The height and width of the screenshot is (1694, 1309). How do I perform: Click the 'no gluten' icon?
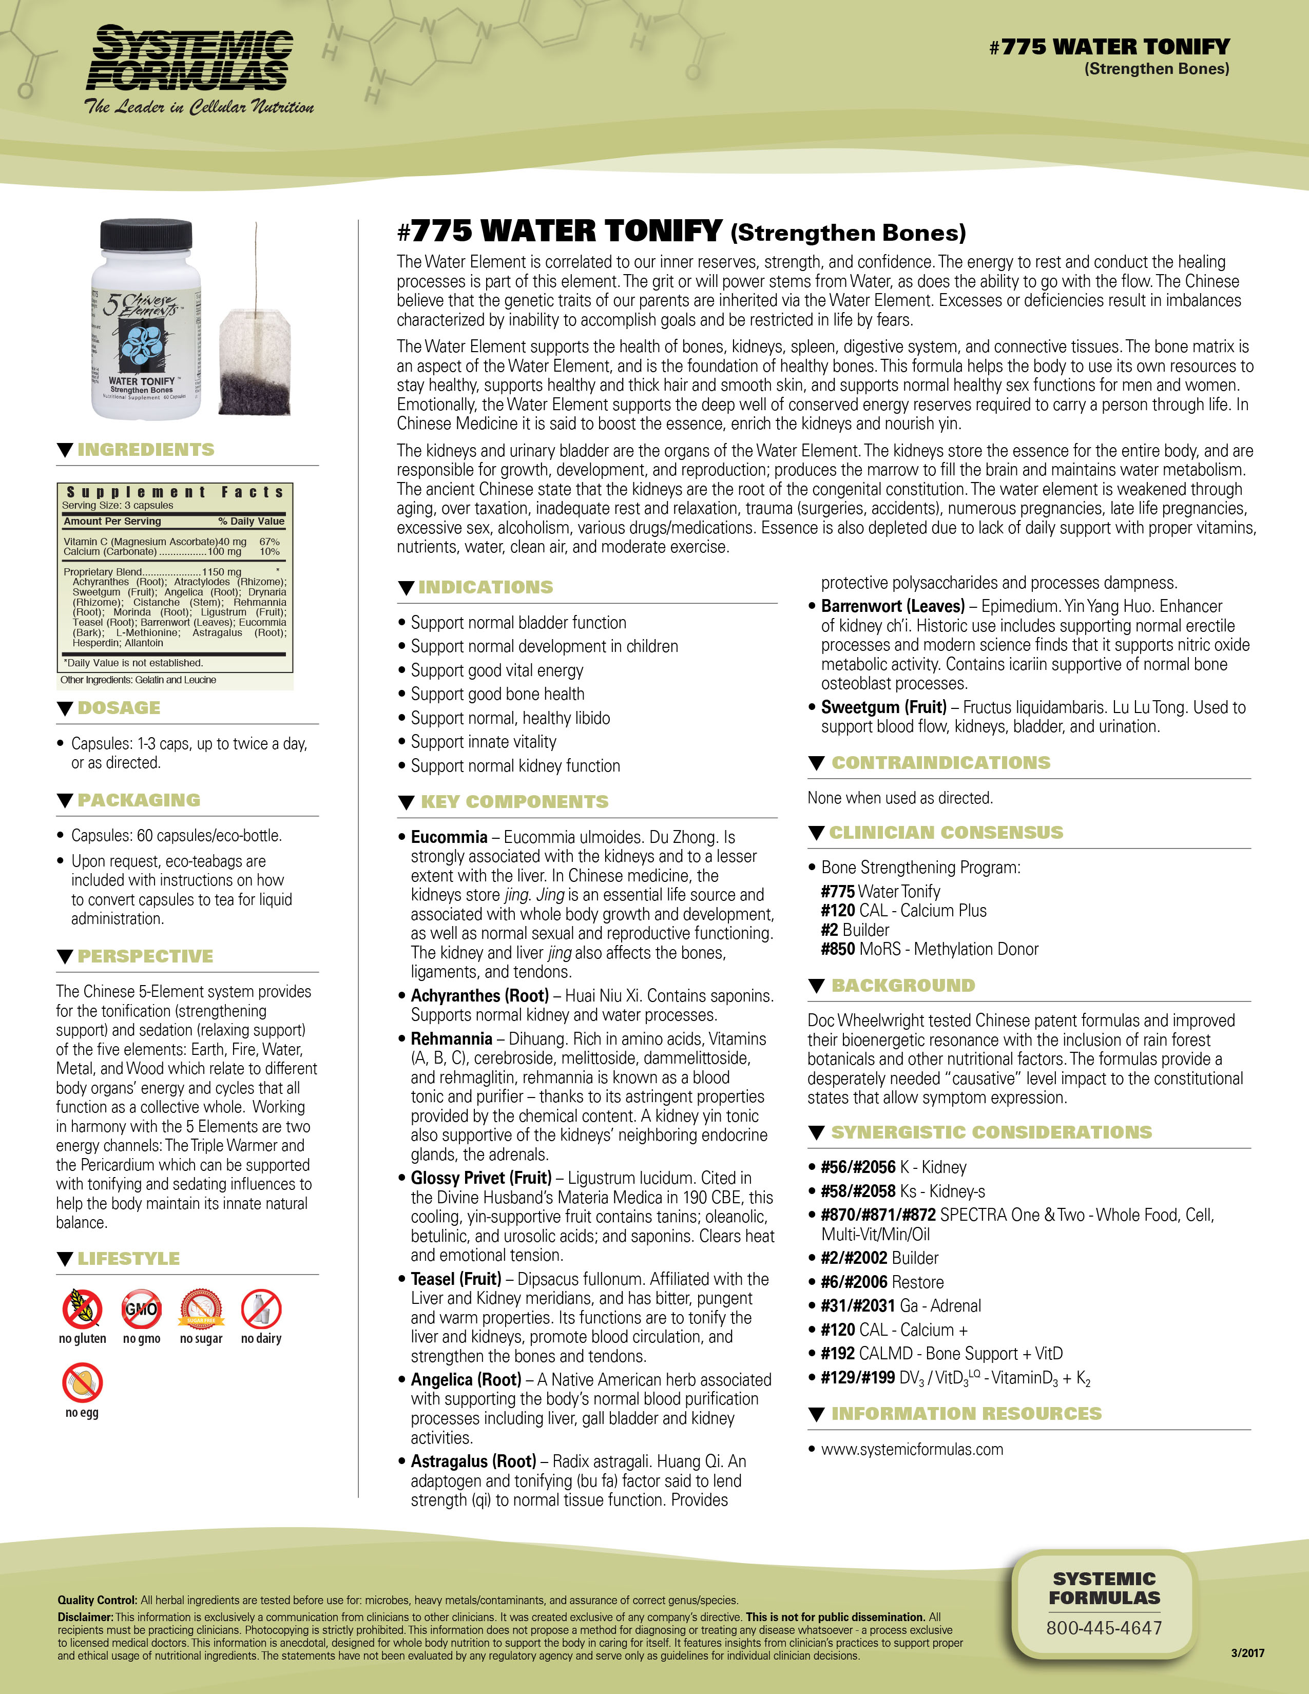click(x=82, y=1310)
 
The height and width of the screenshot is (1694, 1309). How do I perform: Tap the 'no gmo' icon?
click(x=141, y=1310)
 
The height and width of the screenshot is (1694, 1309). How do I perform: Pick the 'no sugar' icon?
click(x=202, y=1310)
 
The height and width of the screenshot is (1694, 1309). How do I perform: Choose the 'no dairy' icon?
click(x=261, y=1310)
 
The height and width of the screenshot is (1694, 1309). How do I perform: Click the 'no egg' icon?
click(x=82, y=1383)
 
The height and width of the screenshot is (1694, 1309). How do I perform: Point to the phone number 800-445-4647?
click(x=1104, y=1628)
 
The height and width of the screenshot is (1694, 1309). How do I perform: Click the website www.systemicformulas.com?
click(x=912, y=1450)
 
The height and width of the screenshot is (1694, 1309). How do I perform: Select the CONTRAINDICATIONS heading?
click(x=940, y=763)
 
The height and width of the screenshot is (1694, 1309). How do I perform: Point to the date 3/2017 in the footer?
click(x=1247, y=1653)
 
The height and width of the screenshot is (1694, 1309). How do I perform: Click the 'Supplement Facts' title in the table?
click(x=175, y=492)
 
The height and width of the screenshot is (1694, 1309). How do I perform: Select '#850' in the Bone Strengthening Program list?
click(x=838, y=949)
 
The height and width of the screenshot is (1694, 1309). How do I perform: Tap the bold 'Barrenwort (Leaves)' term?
click(x=893, y=607)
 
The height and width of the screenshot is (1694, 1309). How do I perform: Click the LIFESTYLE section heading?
click(x=129, y=1259)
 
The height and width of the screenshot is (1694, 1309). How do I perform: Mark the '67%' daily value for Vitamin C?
click(x=269, y=542)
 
